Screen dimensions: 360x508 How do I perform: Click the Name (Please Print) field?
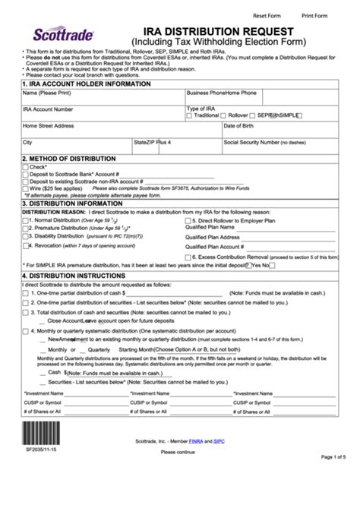tap(102, 98)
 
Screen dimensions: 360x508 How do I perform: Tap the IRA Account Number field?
tap(102, 115)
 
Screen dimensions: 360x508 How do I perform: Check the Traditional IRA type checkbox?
tap(190, 115)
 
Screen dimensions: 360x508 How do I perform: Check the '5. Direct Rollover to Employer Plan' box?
tap(188, 219)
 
